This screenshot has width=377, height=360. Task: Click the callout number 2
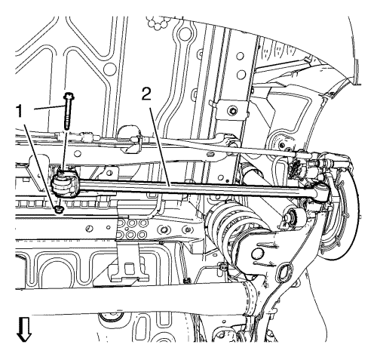[147, 94]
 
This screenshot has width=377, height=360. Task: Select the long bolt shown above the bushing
[67, 111]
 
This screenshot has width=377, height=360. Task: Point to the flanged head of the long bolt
[68, 96]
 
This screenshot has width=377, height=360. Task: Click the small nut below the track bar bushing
[60, 210]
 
